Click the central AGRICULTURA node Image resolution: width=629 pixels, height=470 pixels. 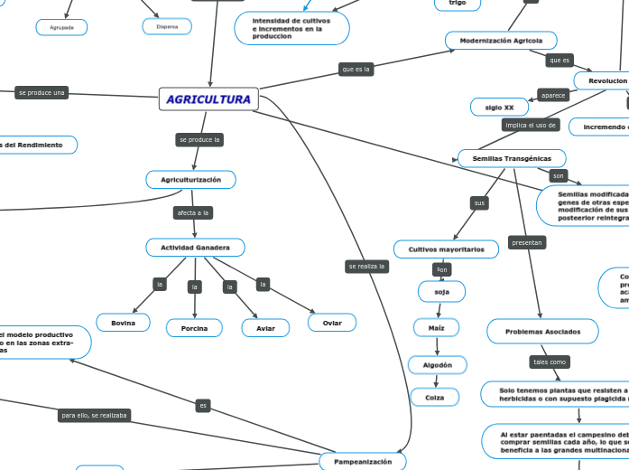pos(208,99)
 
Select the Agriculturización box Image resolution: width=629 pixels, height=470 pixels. pos(191,180)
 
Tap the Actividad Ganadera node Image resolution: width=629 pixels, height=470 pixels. pos(195,248)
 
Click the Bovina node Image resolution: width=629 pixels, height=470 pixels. pos(124,323)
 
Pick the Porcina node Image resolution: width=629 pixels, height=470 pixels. pos(194,328)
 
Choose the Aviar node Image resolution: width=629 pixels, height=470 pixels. pos(265,328)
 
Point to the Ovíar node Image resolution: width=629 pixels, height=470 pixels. pos(332,323)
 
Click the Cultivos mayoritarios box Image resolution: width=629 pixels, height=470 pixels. pos(446,249)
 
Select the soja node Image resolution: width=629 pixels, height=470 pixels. pos(442,291)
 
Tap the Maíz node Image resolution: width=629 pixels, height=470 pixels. pos(437,327)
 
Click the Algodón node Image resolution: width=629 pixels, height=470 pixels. pos(438,364)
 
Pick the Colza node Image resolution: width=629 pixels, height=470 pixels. pos(435,397)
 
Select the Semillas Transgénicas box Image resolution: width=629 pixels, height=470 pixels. pos(512,158)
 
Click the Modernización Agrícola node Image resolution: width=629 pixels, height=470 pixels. pos(501,41)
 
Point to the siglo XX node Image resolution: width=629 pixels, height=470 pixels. pos(500,108)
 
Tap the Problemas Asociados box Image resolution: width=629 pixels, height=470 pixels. pos(543,332)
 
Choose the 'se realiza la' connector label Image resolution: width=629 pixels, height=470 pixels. pos(367,267)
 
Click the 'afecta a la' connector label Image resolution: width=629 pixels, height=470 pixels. pos(193,213)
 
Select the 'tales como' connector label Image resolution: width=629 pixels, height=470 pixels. pos(550,362)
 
